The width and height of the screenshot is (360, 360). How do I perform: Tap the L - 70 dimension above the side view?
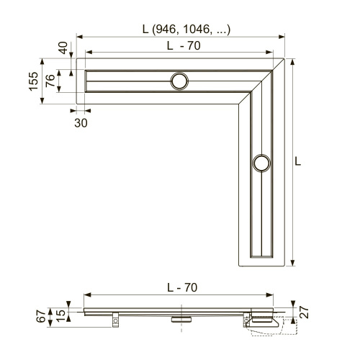click(181, 287)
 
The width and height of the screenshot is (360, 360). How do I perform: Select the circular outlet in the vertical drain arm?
click(262, 163)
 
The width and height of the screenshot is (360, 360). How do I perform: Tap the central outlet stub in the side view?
click(179, 316)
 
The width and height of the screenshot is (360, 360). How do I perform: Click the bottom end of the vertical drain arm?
click(262, 261)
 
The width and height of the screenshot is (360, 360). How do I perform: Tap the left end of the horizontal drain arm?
click(81, 81)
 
